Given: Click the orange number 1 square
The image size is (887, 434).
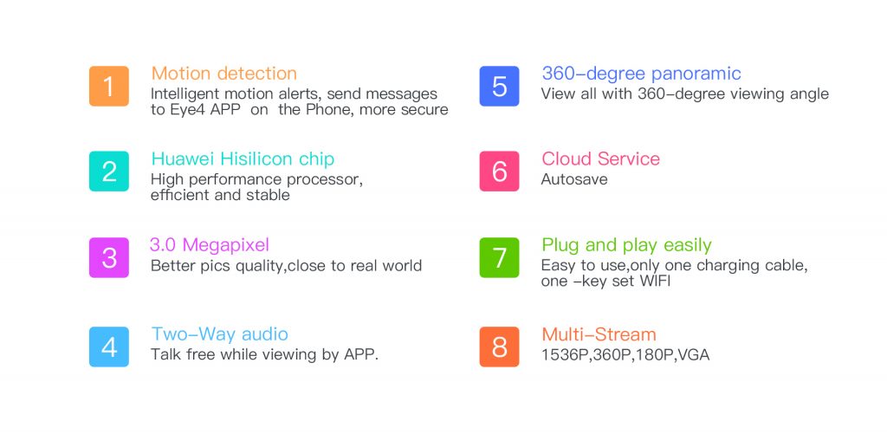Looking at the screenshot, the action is (108, 86).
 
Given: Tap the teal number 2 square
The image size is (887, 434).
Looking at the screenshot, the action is (108, 171).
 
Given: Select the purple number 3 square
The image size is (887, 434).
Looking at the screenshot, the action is (108, 257).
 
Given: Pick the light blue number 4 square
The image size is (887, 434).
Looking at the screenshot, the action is (108, 347).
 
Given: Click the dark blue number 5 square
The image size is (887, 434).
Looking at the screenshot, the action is (499, 86).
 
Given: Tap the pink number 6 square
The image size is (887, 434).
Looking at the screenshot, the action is (499, 171).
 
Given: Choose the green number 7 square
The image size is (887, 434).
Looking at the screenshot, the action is (499, 257).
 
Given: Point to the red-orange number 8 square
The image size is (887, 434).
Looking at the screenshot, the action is (499, 347).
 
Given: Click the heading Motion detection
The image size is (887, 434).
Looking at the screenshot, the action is (224, 74).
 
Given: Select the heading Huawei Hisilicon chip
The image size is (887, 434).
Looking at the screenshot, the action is (243, 159).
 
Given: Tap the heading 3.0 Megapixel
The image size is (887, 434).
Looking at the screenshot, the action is (210, 245).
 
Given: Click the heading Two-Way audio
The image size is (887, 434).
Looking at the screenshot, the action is (219, 334).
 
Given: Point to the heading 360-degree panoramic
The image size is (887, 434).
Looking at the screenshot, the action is (641, 74).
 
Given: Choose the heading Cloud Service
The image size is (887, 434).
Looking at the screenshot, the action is (601, 159).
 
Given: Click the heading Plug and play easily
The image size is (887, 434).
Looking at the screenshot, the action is (626, 245).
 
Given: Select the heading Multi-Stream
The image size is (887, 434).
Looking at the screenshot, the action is (599, 334).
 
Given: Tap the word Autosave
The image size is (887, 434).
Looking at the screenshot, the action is (574, 179).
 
